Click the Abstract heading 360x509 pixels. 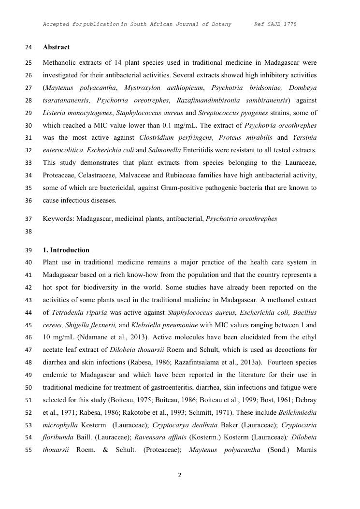tap(56, 47)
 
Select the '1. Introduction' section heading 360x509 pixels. tap(66, 250)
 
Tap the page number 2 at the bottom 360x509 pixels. tap(180, 475)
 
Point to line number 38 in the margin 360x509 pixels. tap(28, 232)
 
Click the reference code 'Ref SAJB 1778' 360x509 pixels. tap(275, 24)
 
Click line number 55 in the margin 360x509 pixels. tap(28, 451)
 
